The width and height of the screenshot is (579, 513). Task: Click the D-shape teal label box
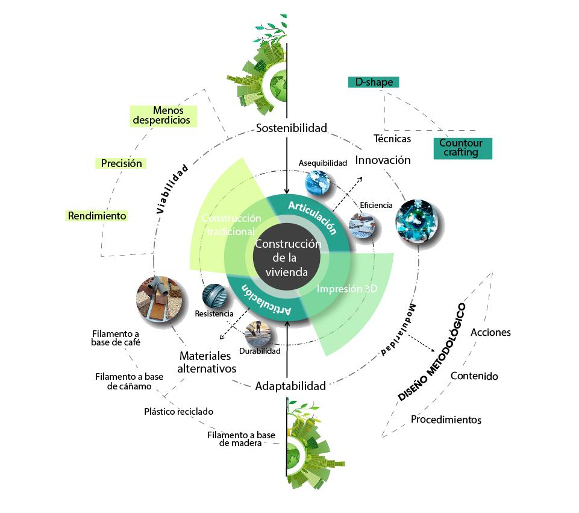374,82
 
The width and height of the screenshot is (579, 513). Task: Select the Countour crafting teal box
462,148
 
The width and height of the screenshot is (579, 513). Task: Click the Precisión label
122,163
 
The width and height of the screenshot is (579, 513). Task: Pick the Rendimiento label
97,215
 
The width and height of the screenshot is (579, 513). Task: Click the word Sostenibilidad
291,128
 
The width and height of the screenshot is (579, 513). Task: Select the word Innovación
383,160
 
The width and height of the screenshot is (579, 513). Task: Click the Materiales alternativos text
207,362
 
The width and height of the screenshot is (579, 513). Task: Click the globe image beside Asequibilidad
318,183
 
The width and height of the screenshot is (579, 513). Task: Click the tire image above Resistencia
216,296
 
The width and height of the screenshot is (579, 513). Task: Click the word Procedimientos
446,420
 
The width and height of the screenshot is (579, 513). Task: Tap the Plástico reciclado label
178,412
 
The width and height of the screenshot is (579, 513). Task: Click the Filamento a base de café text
116,338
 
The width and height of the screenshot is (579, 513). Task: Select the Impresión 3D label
347,288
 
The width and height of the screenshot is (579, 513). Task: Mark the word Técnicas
392,139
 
